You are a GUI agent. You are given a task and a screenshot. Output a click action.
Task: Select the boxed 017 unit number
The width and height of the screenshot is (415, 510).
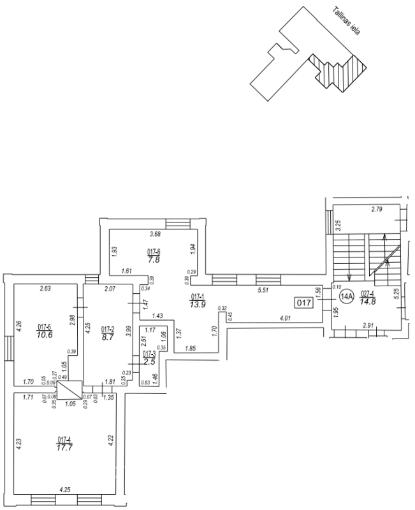pos(304,303)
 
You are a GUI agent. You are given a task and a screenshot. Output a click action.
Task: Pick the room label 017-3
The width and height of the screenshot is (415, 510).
pos(149,354)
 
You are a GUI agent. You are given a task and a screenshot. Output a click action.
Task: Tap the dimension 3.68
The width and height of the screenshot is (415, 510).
pos(154,235)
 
